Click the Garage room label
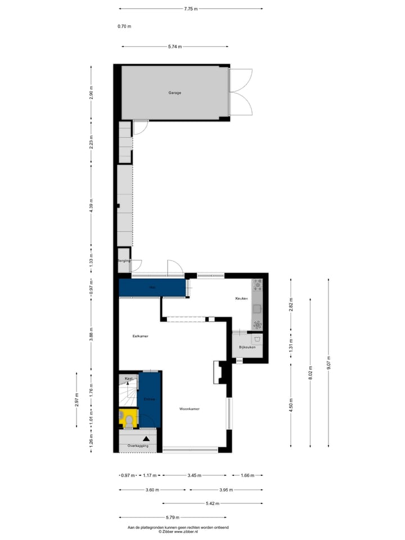(x=175, y=93)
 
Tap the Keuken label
(x=242, y=299)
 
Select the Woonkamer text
(x=190, y=408)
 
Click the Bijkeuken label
(x=247, y=348)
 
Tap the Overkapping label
(x=138, y=445)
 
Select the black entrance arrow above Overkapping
(x=146, y=438)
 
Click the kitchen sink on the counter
(x=257, y=308)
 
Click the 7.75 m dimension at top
(x=191, y=8)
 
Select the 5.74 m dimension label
(x=175, y=47)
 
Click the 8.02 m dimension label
(x=309, y=373)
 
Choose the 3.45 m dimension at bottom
(x=195, y=475)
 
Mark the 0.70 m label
(x=124, y=26)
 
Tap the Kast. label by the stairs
(x=129, y=379)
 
